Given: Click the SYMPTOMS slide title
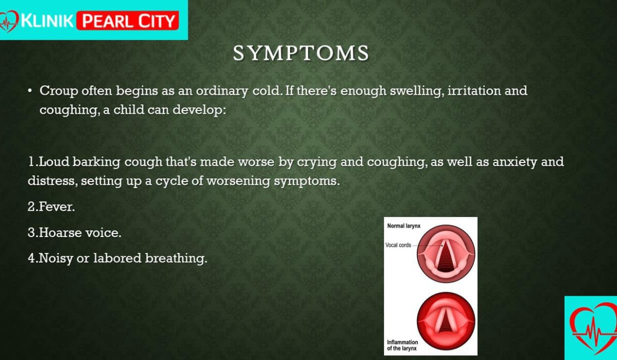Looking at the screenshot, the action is pos(301,52).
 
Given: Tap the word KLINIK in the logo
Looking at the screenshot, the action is pos(47,21).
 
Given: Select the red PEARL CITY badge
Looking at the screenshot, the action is pos(128,21).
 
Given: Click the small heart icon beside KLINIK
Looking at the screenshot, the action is pos(9,22).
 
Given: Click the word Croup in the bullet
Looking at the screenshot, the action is pos(59,91).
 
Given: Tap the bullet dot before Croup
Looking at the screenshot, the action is pos(30,91).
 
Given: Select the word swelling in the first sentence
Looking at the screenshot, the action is pos(417,91).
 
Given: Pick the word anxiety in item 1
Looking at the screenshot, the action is pos(515,162).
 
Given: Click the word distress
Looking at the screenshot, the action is pos(52,181).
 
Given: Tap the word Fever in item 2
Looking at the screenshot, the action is pos(57,207).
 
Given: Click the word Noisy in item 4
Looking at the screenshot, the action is pos(56,259).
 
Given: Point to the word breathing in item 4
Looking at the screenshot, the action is pos(176,259).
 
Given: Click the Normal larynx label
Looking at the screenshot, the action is pos(404,226).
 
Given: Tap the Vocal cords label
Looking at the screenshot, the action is pos(398,245).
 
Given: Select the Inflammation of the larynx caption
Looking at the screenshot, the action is pos(403,345).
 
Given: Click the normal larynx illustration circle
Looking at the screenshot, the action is pos(446,254).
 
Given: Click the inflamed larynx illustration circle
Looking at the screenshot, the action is pos(446,321).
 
